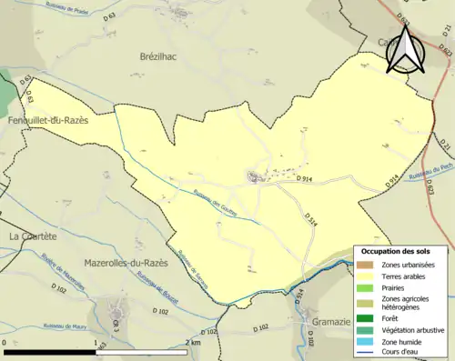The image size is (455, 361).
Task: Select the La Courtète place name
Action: pyautogui.click(x=32, y=236)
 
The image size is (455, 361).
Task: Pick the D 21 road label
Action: pyautogui.click(x=445, y=143)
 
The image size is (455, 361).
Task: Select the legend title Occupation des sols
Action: pyautogui.click(x=402, y=250)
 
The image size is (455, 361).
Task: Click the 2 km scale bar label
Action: pyautogui.click(x=192, y=343)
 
